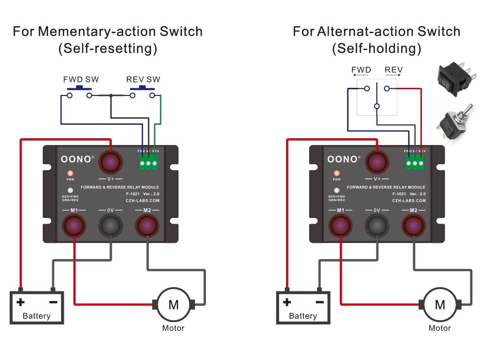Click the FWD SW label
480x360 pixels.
[81, 79]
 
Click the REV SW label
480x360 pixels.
[143, 79]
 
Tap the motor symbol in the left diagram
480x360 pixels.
[173, 303]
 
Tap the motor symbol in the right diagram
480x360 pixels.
[440, 304]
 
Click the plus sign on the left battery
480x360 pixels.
[21, 302]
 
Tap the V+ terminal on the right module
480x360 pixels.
[377, 162]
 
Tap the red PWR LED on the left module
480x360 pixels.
[70, 173]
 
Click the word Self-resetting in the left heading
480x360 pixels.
[108, 48]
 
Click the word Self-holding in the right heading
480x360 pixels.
[376, 48]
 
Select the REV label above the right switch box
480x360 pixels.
[394, 70]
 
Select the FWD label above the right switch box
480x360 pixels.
[361, 70]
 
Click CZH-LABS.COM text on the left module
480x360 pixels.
[143, 201]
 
